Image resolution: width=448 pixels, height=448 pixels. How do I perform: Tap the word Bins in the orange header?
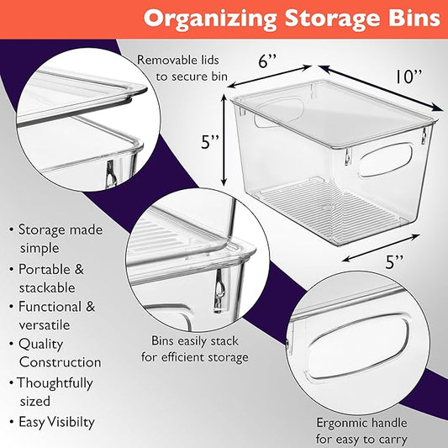tap(409, 18)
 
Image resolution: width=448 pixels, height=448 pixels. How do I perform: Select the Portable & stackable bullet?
tap(55, 277)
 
